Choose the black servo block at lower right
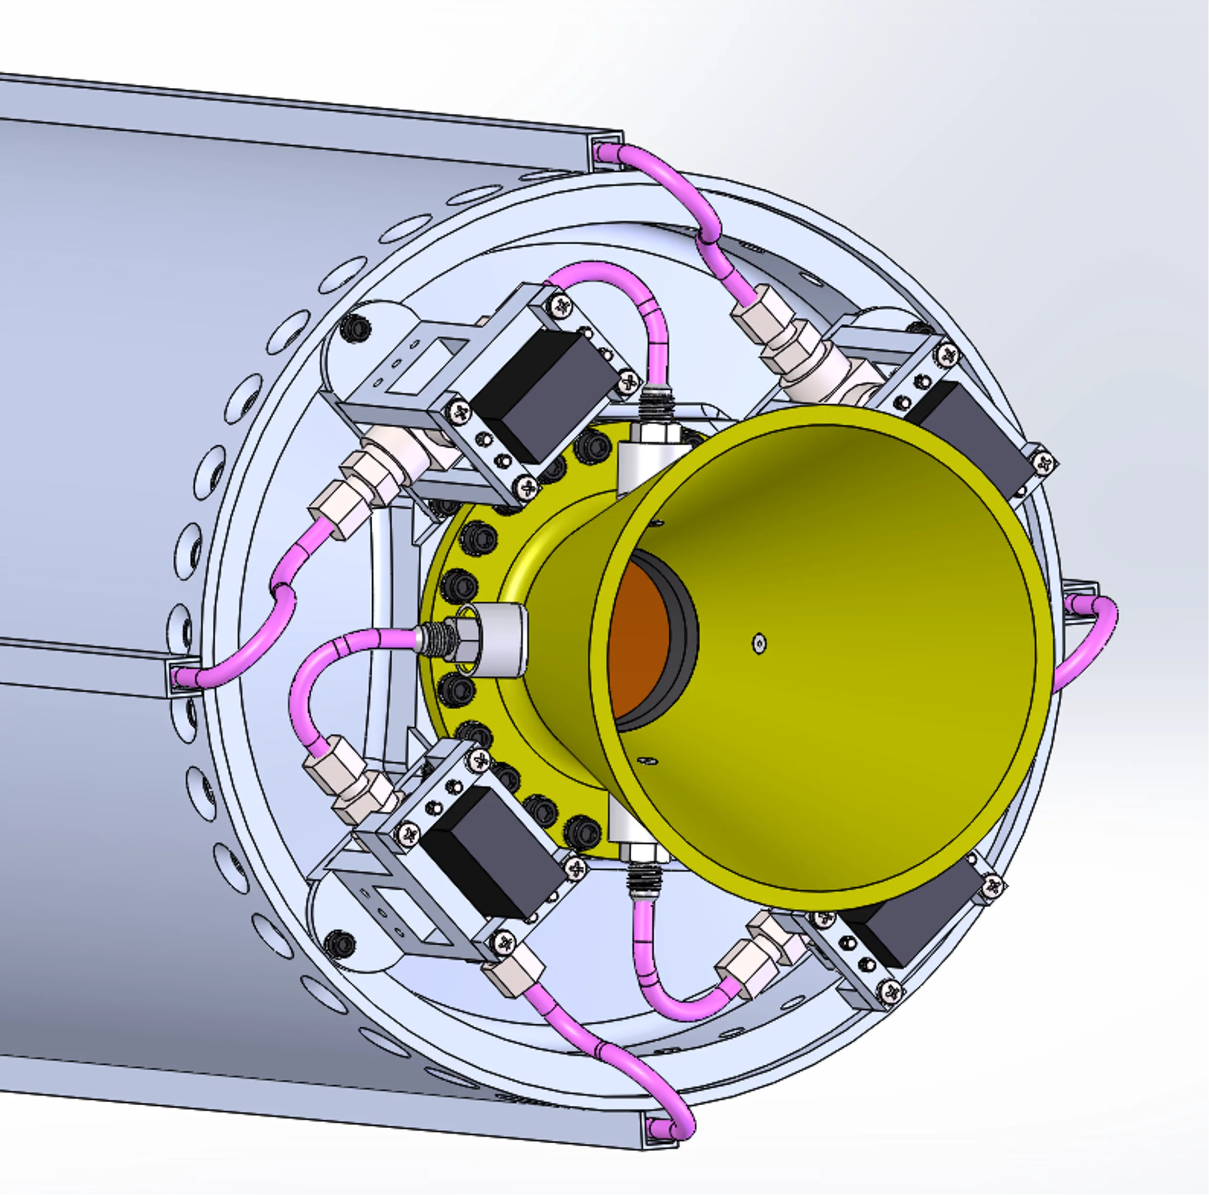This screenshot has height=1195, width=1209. (x=901, y=932)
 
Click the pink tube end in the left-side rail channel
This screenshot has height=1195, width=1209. (x=184, y=676)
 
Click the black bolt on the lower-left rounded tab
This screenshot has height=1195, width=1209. (x=340, y=941)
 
